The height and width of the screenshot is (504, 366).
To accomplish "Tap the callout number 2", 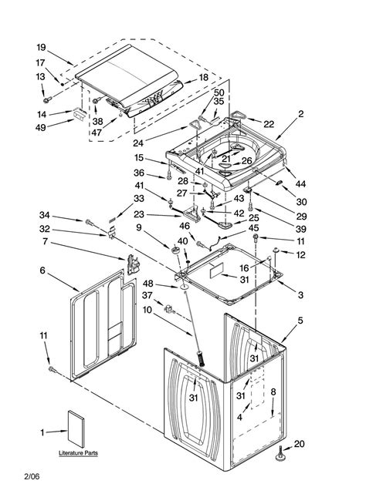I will [x=300, y=113].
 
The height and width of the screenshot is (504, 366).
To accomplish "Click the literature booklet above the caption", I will [x=77, y=429].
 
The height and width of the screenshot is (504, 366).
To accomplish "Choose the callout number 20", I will [x=300, y=443].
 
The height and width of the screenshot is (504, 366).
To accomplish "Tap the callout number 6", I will [x=43, y=270].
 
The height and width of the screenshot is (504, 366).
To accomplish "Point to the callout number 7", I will [x=46, y=243].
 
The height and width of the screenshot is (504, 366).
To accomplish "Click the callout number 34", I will [x=45, y=217].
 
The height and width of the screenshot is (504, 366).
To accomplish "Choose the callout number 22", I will [x=268, y=124].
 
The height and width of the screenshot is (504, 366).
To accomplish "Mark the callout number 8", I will [x=273, y=392].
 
